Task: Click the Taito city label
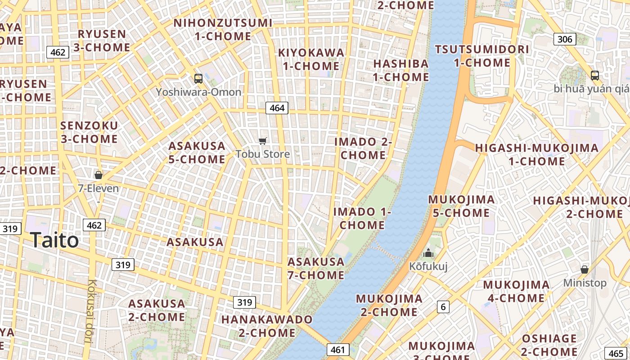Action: click(x=54, y=240)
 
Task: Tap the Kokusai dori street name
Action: click(x=92, y=311)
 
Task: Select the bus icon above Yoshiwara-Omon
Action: click(x=198, y=79)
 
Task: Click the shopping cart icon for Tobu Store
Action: click(x=263, y=141)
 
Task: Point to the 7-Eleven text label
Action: click(x=99, y=188)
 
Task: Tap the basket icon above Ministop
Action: click(x=584, y=270)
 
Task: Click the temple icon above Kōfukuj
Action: click(x=428, y=253)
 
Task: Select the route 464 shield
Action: click(x=277, y=108)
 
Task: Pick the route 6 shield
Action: click(x=443, y=307)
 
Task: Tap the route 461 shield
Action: click(x=337, y=350)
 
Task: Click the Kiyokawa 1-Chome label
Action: click(x=311, y=59)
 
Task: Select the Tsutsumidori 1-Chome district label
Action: click(x=482, y=56)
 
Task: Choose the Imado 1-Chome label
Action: click(x=362, y=218)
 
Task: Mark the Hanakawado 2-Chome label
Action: click(x=267, y=326)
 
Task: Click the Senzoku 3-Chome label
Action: click(x=89, y=132)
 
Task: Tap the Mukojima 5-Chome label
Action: click(x=461, y=206)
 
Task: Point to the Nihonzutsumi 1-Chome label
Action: click(x=223, y=29)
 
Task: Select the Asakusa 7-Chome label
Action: click(x=316, y=268)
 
